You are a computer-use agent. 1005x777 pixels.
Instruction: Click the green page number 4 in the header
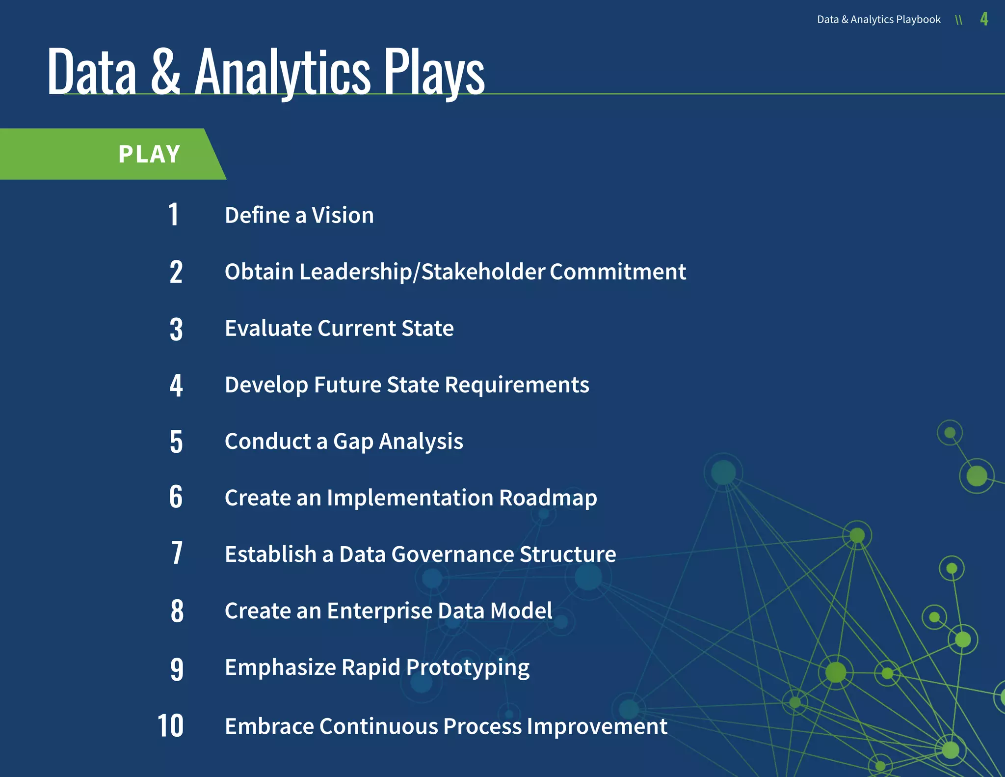pos(984,19)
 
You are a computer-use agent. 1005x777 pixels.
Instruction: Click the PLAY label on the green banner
pos(150,154)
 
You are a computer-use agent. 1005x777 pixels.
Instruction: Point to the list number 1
pos(173,215)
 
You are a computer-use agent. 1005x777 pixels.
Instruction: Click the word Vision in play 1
pos(343,215)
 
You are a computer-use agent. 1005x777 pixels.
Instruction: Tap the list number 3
pos(176,329)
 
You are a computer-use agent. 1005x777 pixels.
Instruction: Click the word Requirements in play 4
pos(517,385)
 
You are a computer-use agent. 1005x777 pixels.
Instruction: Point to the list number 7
pos(177,554)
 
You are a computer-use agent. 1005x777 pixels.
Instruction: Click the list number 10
pos(170,725)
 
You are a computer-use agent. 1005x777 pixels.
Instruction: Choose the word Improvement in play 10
pos(597,726)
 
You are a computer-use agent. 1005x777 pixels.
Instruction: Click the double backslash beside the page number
pos(959,20)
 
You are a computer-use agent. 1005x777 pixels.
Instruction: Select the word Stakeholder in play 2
pos(483,272)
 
